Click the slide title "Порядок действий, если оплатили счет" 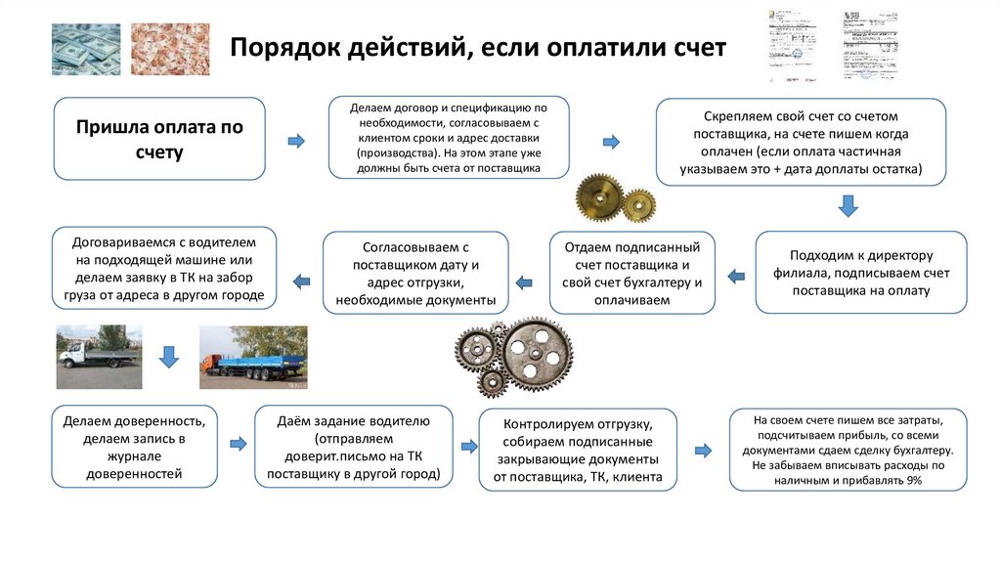[x=477, y=47]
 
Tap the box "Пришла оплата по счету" [x=159, y=139]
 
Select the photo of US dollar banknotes [x=86, y=49]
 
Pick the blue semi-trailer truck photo [x=253, y=356]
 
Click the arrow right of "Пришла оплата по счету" [x=295, y=143]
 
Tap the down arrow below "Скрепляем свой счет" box [x=849, y=205]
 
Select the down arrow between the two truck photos [x=168, y=356]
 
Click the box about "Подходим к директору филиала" [x=860, y=273]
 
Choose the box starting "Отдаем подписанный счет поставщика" [x=631, y=273]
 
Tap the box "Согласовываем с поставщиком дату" [x=415, y=274]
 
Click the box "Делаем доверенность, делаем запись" [x=134, y=448]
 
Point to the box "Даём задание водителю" [x=354, y=448]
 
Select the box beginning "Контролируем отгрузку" [x=578, y=451]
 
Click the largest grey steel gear [x=536, y=354]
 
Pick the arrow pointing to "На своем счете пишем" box [x=702, y=451]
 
